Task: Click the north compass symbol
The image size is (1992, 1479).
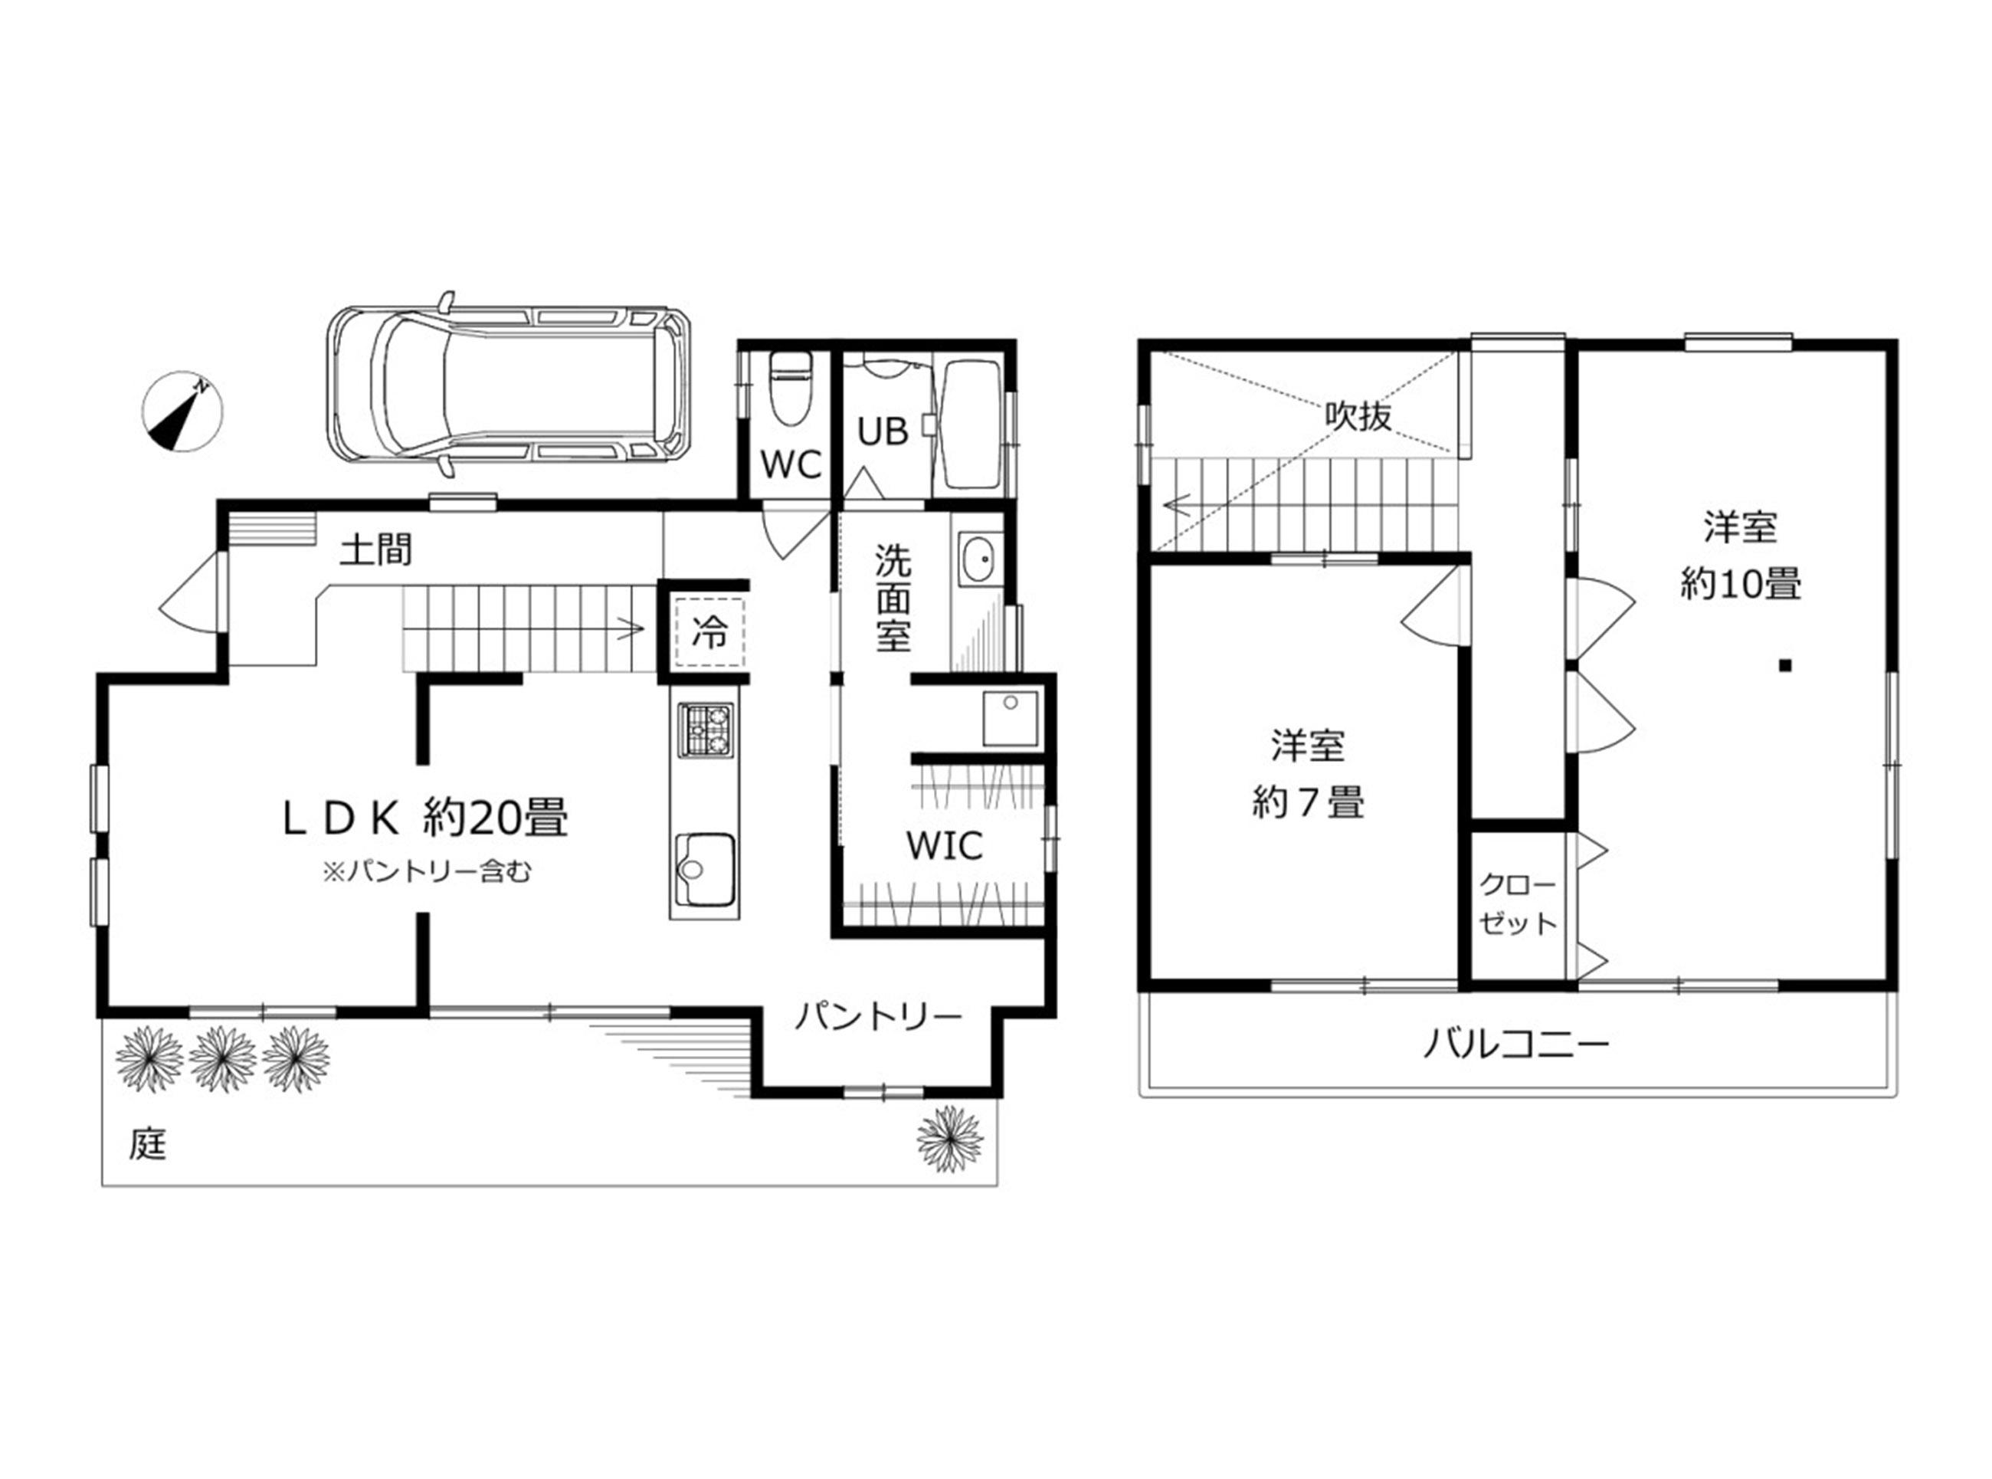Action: (x=182, y=411)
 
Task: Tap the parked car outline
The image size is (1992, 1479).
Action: (x=511, y=384)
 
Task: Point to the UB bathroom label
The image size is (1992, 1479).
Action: (x=883, y=431)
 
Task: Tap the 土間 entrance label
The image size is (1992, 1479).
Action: (x=376, y=549)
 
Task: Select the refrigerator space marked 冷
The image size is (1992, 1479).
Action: (x=709, y=632)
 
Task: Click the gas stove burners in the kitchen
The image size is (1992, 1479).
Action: (x=705, y=730)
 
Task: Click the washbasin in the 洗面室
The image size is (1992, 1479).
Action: (x=981, y=559)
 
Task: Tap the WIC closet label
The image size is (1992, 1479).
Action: (x=944, y=845)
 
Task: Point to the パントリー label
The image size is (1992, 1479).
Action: (x=878, y=1016)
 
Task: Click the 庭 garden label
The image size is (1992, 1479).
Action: (x=148, y=1144)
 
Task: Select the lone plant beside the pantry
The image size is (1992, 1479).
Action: (x=950, y=1139)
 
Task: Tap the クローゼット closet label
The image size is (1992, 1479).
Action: (x=1518, y=903)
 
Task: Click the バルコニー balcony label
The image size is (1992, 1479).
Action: (x=1517, y=1044)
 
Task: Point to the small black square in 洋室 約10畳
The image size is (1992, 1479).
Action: (x=1784, y=665)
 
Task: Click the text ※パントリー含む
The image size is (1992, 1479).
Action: (x=426, y=871)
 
